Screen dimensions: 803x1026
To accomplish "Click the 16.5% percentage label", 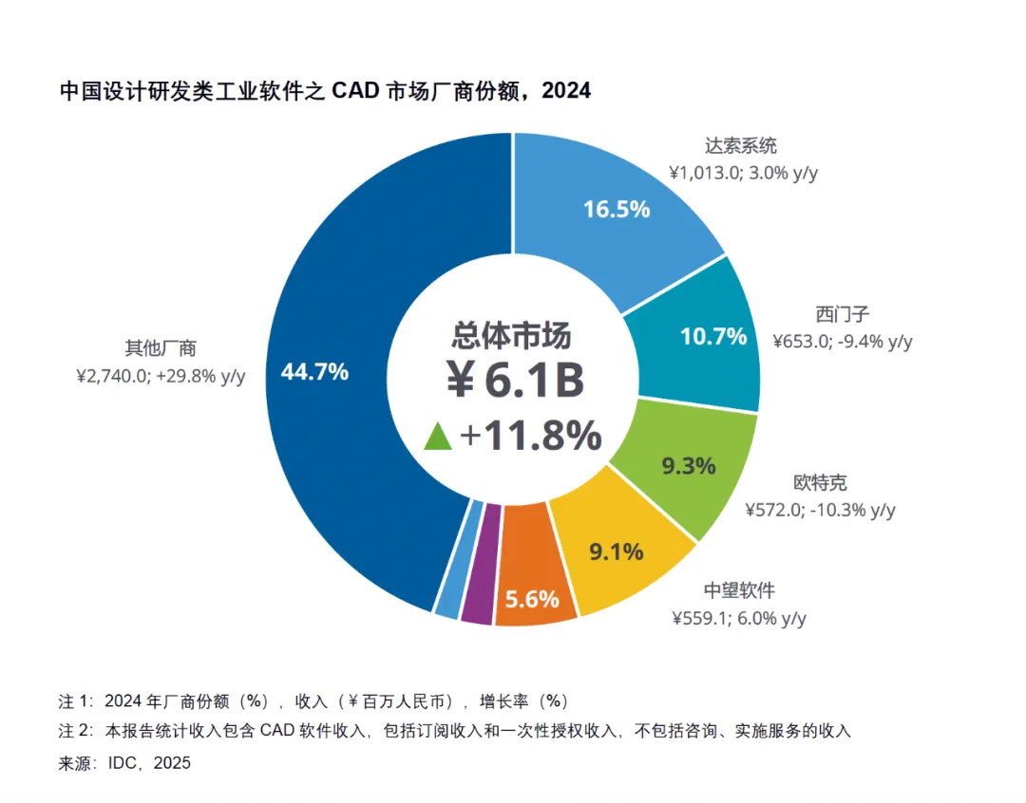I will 617,209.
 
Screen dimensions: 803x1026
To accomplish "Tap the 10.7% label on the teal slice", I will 713,336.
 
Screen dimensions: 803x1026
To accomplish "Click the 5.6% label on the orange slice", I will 531,600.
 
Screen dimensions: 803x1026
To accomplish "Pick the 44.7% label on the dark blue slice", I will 314,372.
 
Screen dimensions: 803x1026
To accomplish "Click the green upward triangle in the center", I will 438,436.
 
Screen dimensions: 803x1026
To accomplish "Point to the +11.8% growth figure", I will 530,436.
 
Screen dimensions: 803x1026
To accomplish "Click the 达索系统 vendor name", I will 741,146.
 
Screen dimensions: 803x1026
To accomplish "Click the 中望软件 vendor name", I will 739,590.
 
